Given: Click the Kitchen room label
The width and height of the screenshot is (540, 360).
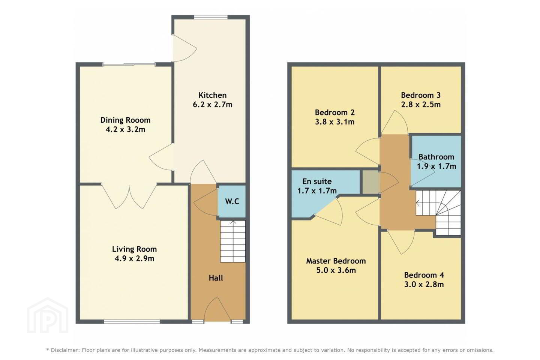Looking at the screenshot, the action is [x=212, y=95].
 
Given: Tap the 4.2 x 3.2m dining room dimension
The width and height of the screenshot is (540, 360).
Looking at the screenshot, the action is [x=125, y=129].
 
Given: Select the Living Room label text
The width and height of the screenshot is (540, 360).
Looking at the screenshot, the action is [x=134, y=249].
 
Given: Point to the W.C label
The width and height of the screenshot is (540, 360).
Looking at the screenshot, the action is [x=232, y=201].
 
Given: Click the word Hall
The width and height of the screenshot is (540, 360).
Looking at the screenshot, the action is [x=216, y=278].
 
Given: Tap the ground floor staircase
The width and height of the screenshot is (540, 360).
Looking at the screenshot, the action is [x=233, y=241].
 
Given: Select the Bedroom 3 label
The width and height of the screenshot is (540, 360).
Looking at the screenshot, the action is [x=421, y=95].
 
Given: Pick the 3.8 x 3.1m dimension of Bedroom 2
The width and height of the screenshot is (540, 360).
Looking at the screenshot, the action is [x=334, y=122].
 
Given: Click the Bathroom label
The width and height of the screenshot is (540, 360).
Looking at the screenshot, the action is [x=436, y=157].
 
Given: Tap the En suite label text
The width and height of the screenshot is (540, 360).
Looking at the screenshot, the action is [x=317, y=181].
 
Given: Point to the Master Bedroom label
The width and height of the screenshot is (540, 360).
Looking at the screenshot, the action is [x=336, y=261].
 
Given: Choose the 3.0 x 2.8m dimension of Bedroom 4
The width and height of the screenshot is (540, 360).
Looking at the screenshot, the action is [x=424, y=285].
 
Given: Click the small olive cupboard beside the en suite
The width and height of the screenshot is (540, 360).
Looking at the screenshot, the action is [x=371, y=182].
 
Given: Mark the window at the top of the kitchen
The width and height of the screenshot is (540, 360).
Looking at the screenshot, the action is [x=211, y=17].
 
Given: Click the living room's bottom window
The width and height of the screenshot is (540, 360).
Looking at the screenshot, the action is [x=132, y=321].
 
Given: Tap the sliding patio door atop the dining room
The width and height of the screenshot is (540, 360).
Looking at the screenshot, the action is [x=129, y=64].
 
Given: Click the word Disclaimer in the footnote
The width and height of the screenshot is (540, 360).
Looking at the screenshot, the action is [x=65, y=350].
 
